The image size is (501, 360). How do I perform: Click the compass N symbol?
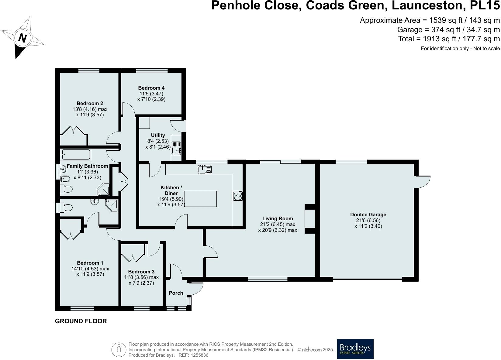(22, 38)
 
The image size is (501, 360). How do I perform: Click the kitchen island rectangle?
(201, 199)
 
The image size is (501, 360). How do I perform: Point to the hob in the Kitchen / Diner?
(238, 196)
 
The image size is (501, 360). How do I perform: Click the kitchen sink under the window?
(205, 170)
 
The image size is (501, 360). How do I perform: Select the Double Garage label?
(368, 214)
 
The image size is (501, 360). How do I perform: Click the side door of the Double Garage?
(423, 182)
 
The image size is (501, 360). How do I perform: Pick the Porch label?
(176, 293)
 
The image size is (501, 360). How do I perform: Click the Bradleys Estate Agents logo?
(355, 349)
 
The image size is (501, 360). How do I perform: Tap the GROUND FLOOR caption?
(81, 321)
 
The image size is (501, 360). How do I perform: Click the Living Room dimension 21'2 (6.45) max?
(277, 224)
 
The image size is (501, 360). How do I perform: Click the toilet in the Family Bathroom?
(67, 189)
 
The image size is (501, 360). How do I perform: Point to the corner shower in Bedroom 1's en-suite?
(112, 205)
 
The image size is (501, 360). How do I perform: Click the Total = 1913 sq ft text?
(449, 39)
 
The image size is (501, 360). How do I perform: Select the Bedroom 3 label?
(141, 272)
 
